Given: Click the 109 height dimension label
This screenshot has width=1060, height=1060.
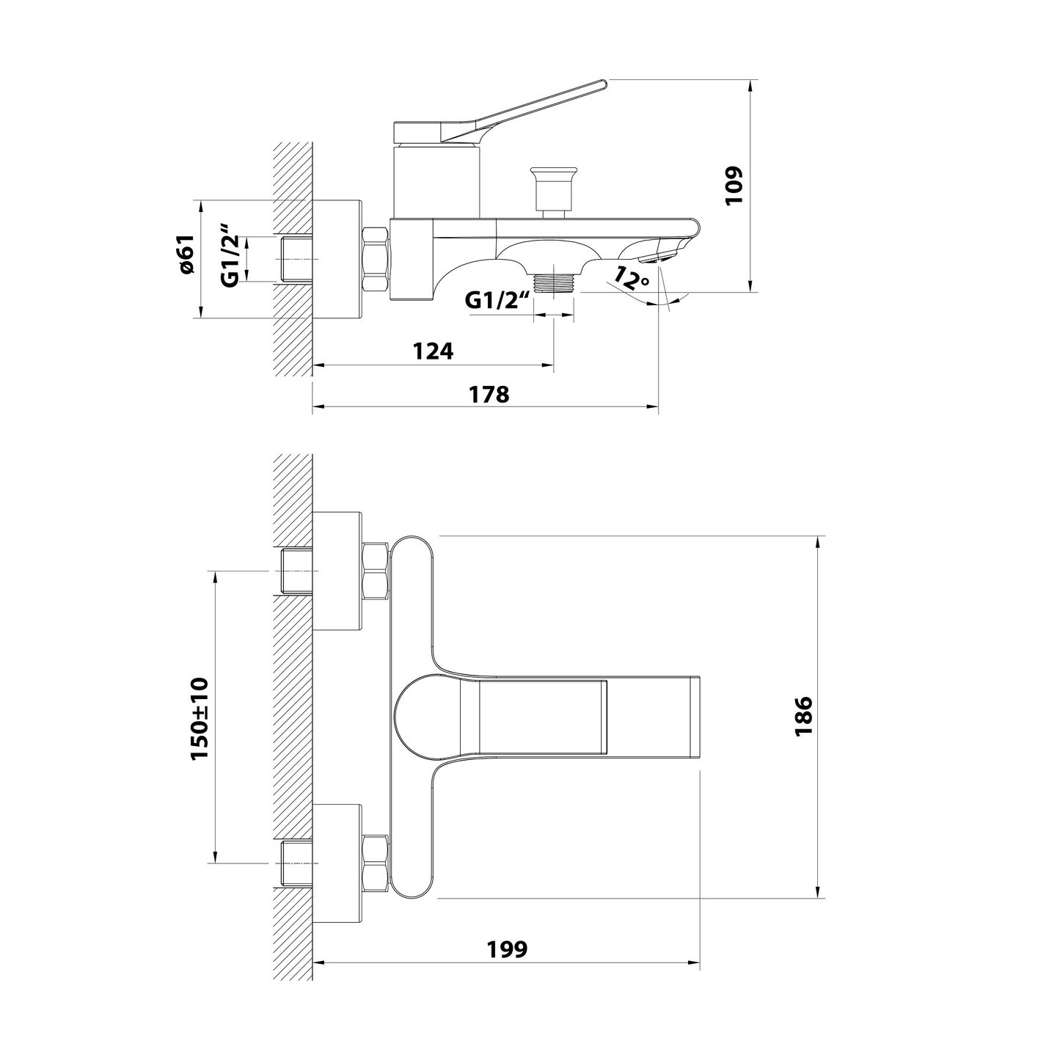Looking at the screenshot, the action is coord(734,186).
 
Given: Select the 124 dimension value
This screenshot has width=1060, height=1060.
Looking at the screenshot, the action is coord(434,351).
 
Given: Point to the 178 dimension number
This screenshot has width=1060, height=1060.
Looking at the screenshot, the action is coord(489,395).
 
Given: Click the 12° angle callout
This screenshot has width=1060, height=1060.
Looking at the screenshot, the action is coord(631,279).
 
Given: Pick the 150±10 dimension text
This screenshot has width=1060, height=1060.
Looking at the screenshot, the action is coord(200,719).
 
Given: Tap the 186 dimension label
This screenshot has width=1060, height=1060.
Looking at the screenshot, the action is coord(804,717).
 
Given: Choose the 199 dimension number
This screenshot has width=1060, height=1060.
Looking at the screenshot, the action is coord(507,949).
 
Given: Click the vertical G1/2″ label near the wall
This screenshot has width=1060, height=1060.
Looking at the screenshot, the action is coord(230,255).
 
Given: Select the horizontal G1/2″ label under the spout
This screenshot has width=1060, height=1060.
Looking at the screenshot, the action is coord(497,300).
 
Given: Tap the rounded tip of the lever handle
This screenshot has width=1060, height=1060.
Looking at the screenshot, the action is coord(603,84).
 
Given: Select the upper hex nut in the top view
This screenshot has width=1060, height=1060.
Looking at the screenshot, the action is coord(376,571).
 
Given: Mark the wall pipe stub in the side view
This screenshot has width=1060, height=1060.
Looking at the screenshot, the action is coord(297,259).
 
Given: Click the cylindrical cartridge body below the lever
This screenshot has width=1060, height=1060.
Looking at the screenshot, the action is coord(437,180).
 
